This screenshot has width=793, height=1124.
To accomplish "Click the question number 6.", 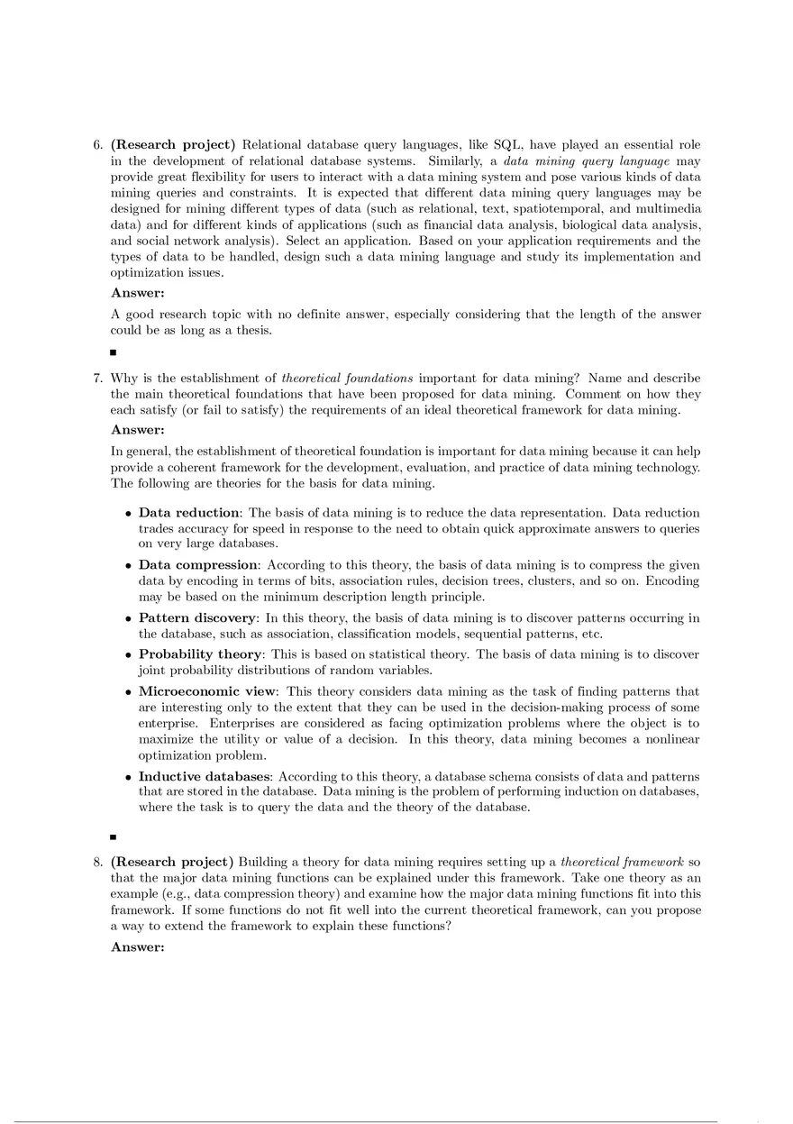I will tap(97, 145).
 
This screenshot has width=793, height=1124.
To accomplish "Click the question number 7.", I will tap(97, 379).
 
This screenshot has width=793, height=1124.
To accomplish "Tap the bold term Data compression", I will tap(197, 565).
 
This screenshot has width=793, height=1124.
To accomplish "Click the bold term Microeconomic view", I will tap(206, 691).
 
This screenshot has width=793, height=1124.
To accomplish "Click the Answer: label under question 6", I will tap(137, 292).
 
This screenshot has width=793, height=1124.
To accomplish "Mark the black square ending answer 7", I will tap(114, 836).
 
